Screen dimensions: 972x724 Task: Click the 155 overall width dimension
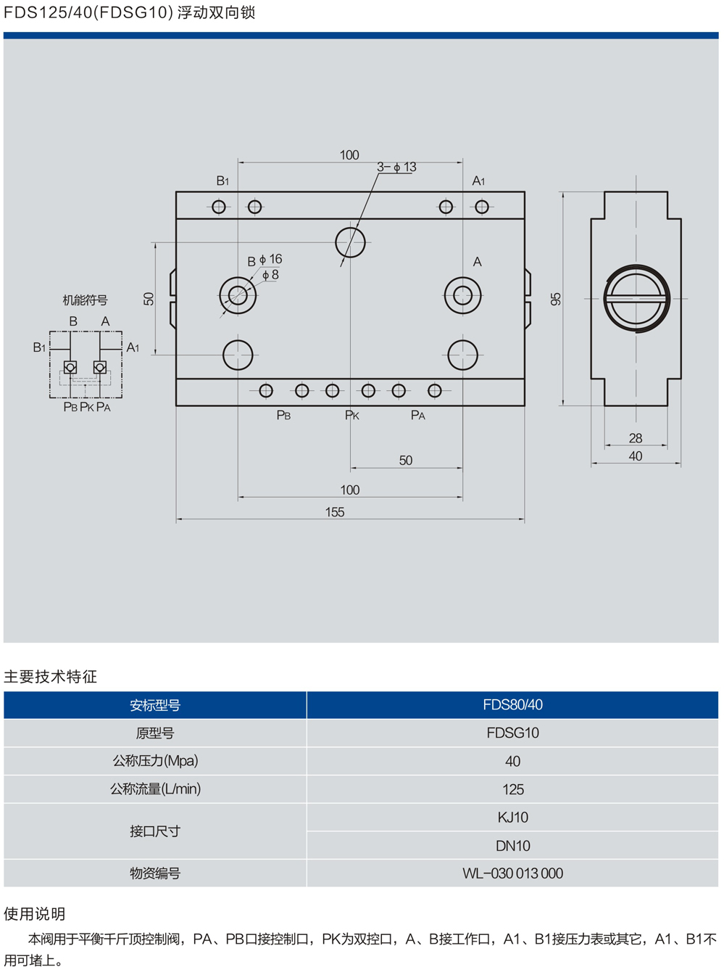click(x=335, y=512)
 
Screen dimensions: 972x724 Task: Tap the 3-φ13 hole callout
click(x=396, y=167)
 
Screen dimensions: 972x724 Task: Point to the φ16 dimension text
click(x=270, y=259)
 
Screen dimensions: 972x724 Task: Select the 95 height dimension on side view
click(x=556, y=299)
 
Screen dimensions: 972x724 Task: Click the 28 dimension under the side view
click(x=636, y=438)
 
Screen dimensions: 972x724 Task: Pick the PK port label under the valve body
click(x=352, y=416)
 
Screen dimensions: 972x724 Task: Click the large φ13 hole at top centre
click(x=351, y=242)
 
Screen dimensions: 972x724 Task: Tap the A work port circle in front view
click(x=462, y=295)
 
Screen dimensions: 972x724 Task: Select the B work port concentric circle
click(x=238, y=295)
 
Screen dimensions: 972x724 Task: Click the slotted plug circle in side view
click(x=637, y=298)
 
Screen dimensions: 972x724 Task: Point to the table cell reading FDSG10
click(x=512, y=733)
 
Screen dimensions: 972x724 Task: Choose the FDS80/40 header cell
click(x=512, y=704)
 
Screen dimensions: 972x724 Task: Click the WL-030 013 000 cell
click(x=512, y=873)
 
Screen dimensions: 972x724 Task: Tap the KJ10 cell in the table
click(x=512, y=817)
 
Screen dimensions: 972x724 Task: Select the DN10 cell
click(x=512, y=846)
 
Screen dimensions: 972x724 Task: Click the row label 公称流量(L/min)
click(x=155, y=789)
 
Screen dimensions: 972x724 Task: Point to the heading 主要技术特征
click(x=50, y=677)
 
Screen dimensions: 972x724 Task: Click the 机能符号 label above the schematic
click(x=85, y=300)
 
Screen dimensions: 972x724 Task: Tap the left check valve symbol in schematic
click(x=70, y=368)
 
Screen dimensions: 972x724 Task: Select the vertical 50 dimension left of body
click(x=149, y=299)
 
